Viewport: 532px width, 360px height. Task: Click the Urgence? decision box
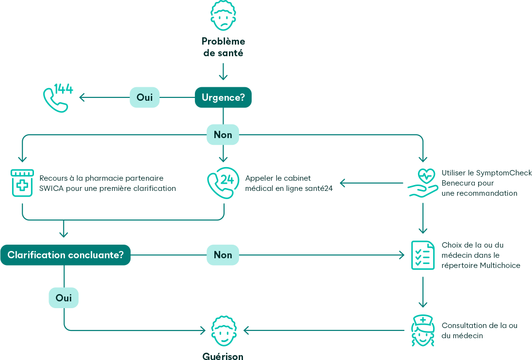(223, 97)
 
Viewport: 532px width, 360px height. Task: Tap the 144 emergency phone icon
(57, 98)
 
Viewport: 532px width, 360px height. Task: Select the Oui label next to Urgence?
(145, 97)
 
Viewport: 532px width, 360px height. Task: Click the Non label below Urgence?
(223, 135)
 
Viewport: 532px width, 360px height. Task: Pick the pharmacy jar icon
(22, 183)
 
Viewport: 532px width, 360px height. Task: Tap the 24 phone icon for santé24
(223, 183)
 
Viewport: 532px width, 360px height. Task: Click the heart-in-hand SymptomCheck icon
(422, 183)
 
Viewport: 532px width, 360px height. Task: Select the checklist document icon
(422, 255)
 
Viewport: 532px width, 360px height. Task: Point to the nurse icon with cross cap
(422, 330)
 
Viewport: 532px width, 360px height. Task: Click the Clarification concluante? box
(65, 255)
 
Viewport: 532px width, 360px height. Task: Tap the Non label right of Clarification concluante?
(223, 255)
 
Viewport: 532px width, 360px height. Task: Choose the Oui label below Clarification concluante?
(64, 298)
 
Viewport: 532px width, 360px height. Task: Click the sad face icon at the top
(223, 15)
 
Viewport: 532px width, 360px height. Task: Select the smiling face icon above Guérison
(223, 331)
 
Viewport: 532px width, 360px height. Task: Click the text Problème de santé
(223, 47)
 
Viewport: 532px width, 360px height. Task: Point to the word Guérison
(223, 356)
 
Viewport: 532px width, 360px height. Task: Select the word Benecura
(457, 183)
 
